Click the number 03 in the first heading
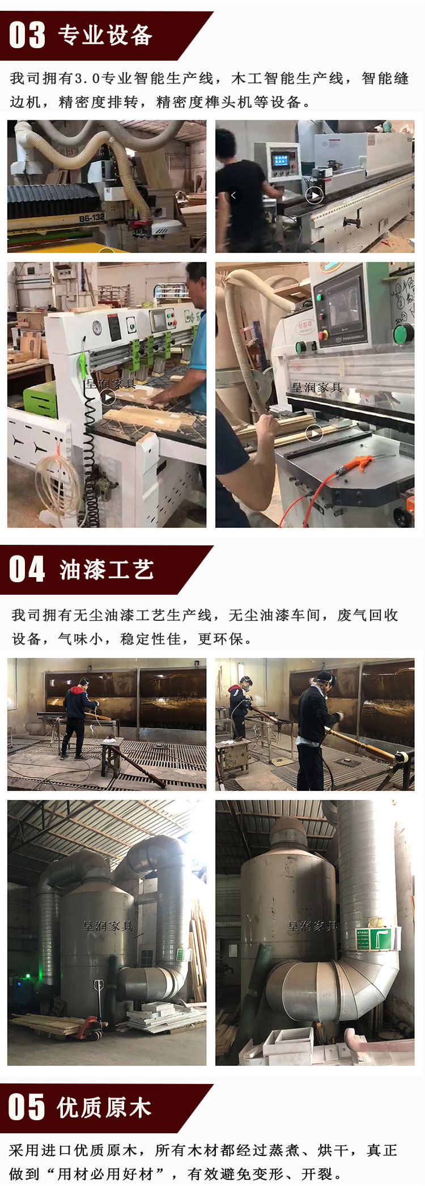click(x=27, y=35)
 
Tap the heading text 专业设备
click(x=105, y=35)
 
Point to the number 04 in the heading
click(x=27, y=570)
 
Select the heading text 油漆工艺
click(x=107, y=570)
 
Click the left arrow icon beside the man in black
click(x=233, y=196)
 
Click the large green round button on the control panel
click(x=403, y=333)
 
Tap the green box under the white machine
click(x=40, y=399)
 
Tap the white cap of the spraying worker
click(x=324, y=677)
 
